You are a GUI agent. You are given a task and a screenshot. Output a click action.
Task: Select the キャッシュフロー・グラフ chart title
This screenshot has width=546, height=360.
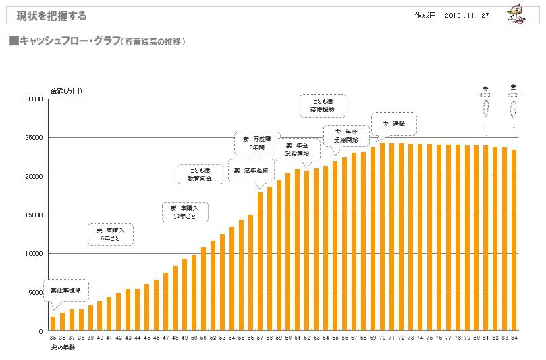(x=97, y=42)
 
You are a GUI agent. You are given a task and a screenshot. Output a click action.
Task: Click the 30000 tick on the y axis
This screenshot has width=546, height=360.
(x=34, y=99)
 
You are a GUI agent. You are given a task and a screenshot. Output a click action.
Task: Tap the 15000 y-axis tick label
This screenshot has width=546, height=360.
(x=34, y=215)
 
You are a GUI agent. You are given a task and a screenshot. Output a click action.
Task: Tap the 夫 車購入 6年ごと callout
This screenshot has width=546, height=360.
(x=110, y=234)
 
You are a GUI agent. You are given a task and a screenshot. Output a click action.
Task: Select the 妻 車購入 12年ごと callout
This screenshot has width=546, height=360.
(x=184, y=211)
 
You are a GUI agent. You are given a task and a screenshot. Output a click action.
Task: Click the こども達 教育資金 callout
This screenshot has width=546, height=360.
(x=199, y=174)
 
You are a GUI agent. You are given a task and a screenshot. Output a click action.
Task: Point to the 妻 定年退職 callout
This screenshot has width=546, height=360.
(x=252, y=170)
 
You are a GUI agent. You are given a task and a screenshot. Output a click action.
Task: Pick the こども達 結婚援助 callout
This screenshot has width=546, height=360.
(x=322, y=104)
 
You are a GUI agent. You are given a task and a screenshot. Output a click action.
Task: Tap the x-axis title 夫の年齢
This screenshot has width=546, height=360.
(x=61, y=347)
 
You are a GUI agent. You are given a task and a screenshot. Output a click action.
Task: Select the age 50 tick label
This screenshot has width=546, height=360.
(x=194, y=338)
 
